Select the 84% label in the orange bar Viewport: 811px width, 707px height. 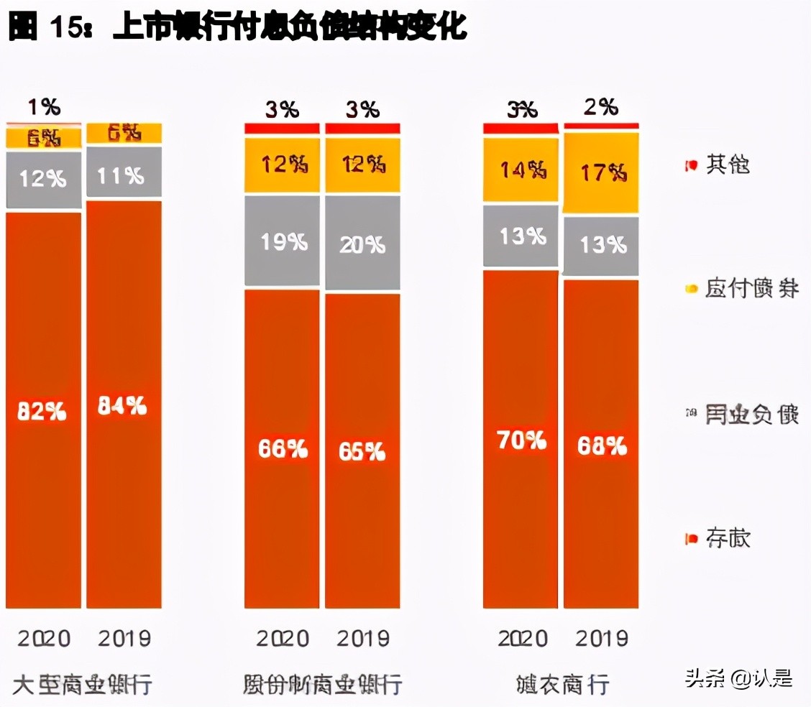pyautogui.click(x=123, y=406)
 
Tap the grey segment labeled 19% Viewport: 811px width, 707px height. pyautogui.click(x=282, y=241)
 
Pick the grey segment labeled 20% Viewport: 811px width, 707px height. pyautogui.click(x=362, y=244)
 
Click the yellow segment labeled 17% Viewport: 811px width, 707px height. pyautogui.click(x=601, y=172)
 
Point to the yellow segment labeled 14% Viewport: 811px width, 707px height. pyautogui.click(x=521, y=170)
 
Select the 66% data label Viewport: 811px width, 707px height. pyautogui.click(x=282, y=449)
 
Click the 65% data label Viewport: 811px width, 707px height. pyautogui.click(x=362, y=451)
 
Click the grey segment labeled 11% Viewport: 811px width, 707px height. pyautogui.click(x=123, y=175)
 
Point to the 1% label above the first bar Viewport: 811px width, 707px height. pyautogui.click(x=44, y=107)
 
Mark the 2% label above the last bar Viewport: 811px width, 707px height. pyautogui.click(x=600, y=107)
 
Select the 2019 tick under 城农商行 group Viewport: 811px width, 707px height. pyautogui.click(x=601, y=638)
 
